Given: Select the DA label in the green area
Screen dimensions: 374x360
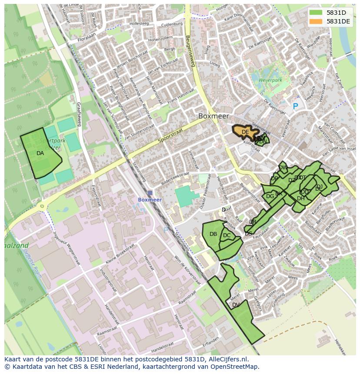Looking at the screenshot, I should (x=40, y=153).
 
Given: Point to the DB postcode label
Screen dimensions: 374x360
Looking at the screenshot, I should (x=213, y=234).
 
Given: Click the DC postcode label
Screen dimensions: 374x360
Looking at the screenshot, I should (x=227, y=235).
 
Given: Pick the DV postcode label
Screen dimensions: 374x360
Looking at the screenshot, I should (x=236, y=305).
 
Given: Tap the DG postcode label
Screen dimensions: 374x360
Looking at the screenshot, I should (x=270, y=196).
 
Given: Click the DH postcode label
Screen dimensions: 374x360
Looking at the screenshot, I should (x=300, y=199).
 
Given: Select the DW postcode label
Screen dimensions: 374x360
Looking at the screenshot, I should (x=283, y=168).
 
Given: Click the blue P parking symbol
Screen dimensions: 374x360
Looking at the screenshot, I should (x=296, y=106).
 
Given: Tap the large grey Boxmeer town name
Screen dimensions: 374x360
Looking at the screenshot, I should (x=213, y=116).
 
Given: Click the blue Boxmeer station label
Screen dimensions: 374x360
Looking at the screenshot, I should (x=150, y=200).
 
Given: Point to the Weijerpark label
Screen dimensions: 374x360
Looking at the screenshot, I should (x=270, y=80).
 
